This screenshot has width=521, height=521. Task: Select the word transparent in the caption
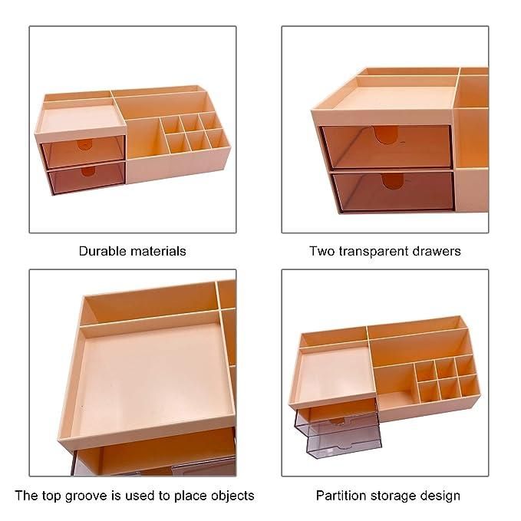[374, 251]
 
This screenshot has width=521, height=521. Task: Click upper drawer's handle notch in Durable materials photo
[84, 145]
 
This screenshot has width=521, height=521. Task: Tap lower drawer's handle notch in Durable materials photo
[88, 171]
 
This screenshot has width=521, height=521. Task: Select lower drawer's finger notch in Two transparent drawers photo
[393, 181]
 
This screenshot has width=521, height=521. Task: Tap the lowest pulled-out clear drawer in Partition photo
[344, 442]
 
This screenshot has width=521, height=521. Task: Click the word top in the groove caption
[52, 496]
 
